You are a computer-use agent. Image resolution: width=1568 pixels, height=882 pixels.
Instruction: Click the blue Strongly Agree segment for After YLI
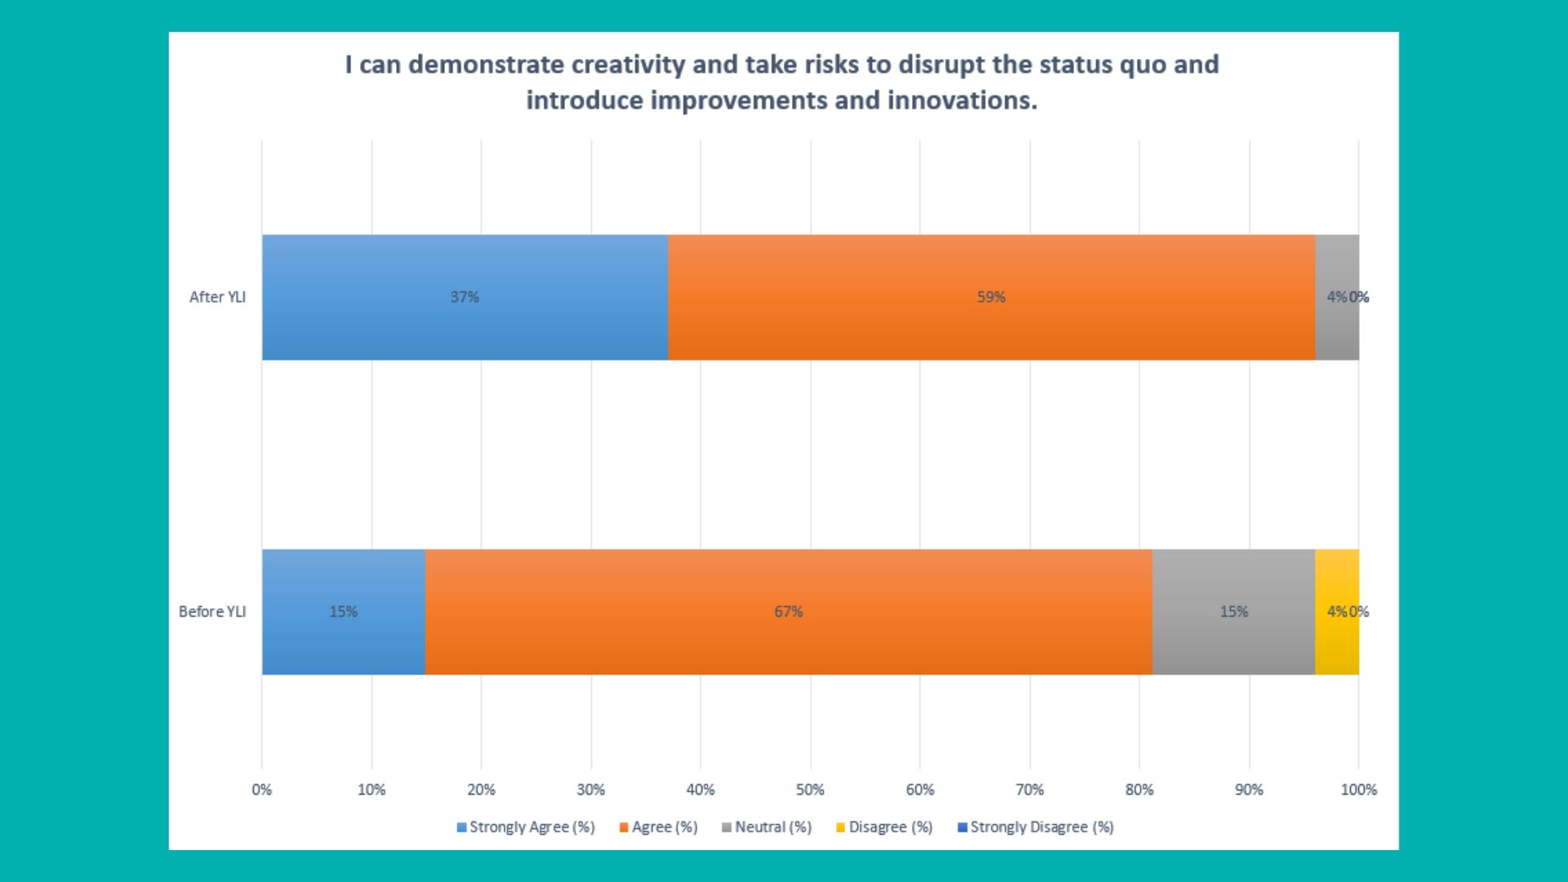(x=465, y=297)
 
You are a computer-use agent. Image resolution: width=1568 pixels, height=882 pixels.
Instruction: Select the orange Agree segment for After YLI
(x=991, y=297)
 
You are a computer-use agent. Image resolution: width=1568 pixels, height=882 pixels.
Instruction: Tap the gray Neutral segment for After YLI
(x=1337, y=297)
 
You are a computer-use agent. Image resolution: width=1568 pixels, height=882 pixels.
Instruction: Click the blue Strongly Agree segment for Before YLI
(x=344, y=612)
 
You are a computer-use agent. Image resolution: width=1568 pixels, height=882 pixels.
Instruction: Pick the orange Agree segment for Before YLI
(x=789, y=612)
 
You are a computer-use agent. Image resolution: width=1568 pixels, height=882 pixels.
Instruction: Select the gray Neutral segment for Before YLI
(x=1234, y=612)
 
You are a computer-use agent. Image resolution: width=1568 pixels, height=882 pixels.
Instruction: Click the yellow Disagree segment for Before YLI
(x=1337, y=612)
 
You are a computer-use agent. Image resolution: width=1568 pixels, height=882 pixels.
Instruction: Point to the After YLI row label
(x=217, y=297)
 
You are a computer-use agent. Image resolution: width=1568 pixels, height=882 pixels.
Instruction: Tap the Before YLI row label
(x=212, y=612)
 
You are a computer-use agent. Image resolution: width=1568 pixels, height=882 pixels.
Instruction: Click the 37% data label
(x=465, y=297)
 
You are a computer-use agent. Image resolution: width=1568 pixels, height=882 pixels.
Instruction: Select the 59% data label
(x=991, y=297)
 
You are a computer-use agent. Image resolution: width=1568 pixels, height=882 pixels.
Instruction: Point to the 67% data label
(x=789, y=612)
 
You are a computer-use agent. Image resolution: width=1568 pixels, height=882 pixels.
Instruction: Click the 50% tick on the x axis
(x=810, y=790)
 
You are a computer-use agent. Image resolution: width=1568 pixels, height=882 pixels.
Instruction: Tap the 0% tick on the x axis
(x=261, y=790)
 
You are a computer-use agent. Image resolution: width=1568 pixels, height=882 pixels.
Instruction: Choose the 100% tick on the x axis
(x=1359, y=790)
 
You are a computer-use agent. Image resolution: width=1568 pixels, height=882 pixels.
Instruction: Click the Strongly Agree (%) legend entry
(x=526, y=827)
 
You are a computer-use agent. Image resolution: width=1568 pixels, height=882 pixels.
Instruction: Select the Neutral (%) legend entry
(x=767, y=827)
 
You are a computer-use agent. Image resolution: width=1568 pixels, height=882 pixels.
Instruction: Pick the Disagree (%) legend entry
(x=884, y=827)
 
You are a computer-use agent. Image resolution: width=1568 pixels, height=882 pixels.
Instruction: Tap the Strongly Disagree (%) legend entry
(x=1036, y=827)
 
